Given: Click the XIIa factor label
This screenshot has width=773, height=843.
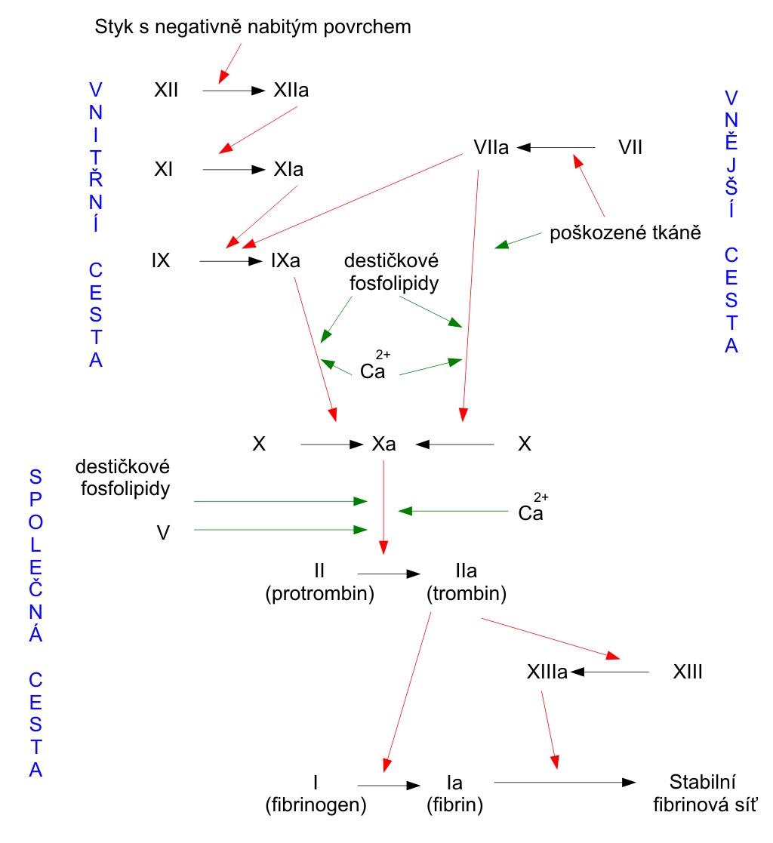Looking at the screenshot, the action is [x=291, y=90].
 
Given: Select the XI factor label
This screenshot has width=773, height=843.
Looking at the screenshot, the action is [x=164, y=169].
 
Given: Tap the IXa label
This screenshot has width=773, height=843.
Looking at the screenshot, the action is [x=285, y=261].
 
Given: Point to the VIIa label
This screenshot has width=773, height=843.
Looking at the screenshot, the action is [x=491, y=147].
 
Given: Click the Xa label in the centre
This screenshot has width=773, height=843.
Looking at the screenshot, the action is [x=383, y=444].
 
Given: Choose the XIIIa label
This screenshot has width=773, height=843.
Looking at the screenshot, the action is [x=547, y=672].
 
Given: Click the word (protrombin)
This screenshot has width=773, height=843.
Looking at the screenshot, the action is [x=319, y=593].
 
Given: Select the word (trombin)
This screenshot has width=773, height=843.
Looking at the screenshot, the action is [x=467, y=593].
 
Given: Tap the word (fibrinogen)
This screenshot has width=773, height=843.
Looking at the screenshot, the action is [x=316, y=805].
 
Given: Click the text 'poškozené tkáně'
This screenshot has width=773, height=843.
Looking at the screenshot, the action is [x=625, y=232].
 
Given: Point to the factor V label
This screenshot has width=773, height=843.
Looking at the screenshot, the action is [x=163, y=533].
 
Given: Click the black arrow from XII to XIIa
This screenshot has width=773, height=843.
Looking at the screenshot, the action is [x=234, y=91].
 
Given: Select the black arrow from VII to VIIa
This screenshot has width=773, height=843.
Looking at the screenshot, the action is [x=556, y=147].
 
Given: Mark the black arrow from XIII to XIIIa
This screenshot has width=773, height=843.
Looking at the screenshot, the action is [x=609, y=672].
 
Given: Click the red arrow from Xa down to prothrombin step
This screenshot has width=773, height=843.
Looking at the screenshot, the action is [x=383, y=507].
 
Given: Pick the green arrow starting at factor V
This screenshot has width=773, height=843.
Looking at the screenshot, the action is [x=280, y=530].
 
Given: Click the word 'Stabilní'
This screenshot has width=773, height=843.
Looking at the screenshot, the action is [x=703, y=782].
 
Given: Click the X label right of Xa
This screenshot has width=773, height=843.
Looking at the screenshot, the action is [x=525, y=444].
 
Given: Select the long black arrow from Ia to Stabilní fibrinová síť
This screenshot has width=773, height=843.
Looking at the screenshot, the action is [x=565, y=783].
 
